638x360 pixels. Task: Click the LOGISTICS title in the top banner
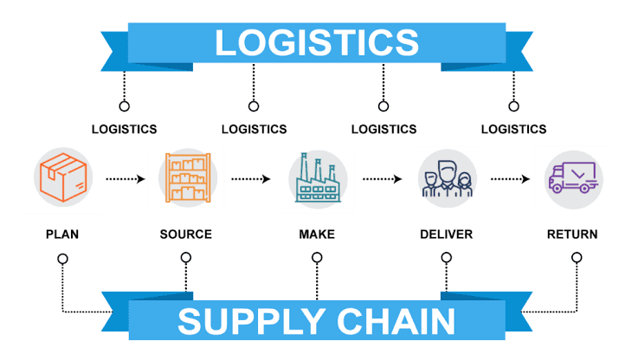click(316, 42)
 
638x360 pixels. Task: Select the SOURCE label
click(185, 235)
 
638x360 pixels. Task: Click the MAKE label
click(317, 235)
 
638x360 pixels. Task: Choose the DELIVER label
click(446, 235)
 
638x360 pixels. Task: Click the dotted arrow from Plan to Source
click(125, 179)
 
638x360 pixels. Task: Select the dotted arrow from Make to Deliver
click(382, 179)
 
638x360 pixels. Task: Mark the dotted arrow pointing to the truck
click(510, 179)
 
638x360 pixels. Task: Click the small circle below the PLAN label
click(61, 258)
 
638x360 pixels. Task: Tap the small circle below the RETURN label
click(577, 258)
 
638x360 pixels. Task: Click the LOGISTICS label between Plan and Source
click(124, 129)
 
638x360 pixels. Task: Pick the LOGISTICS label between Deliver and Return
click(513, 129)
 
